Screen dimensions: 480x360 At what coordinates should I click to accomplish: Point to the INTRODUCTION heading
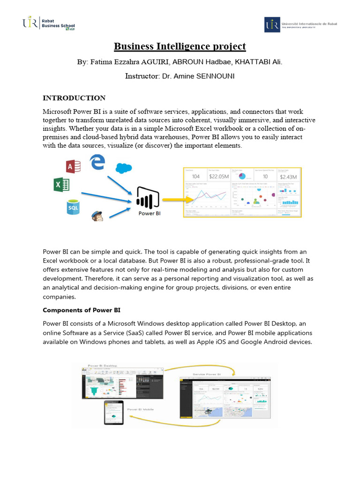pos(74,98)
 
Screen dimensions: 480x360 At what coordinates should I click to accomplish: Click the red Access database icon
pos(74,166)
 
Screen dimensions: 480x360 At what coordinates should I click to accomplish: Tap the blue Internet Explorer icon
pos(97,162)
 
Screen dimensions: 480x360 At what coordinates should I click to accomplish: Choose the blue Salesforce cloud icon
pos(124,168)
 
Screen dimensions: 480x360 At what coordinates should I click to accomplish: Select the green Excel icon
pos(62,185)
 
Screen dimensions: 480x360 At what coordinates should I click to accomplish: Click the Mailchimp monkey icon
pos(97,216)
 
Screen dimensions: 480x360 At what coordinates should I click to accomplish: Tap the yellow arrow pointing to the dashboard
pos(171,200)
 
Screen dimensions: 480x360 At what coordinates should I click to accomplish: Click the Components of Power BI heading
pos(82,310)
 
